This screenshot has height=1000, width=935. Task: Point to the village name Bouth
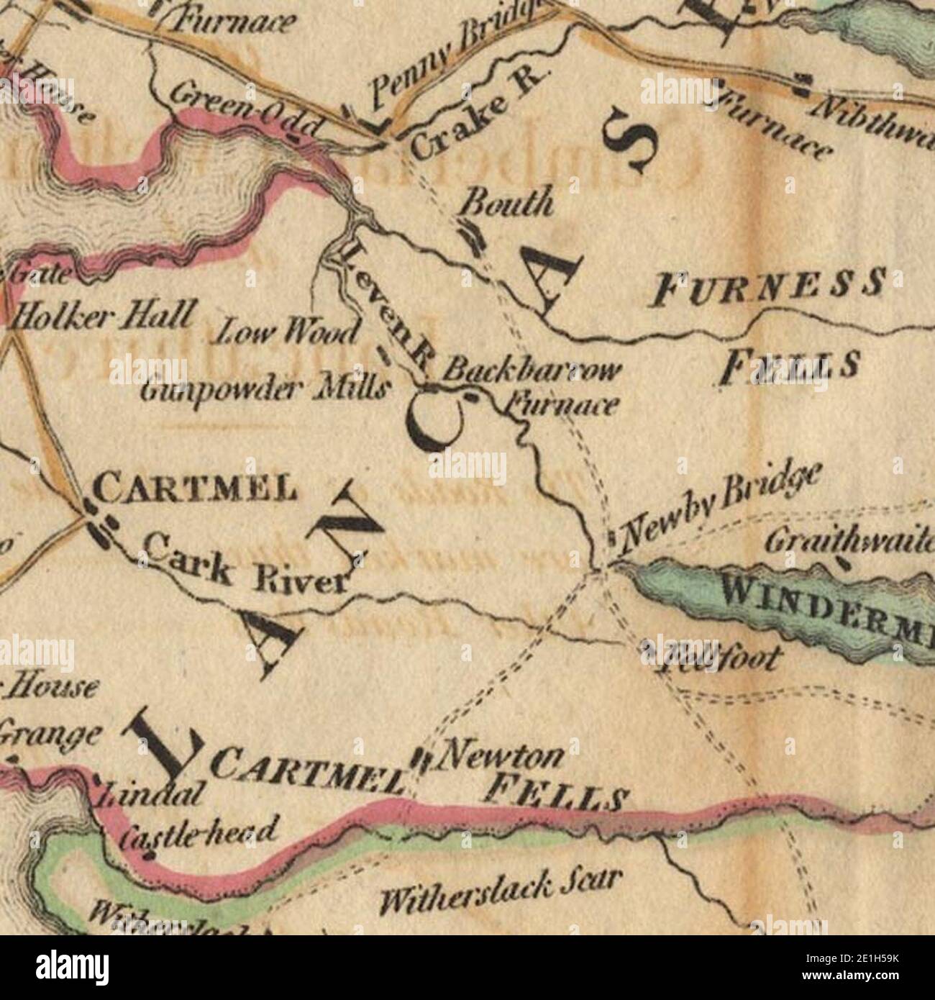click(507, 204)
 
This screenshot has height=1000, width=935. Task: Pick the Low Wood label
click(288, 333)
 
